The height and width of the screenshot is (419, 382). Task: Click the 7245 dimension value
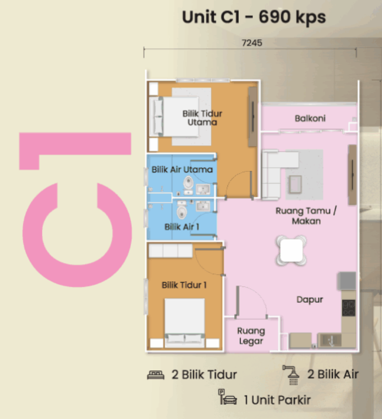pos(252,43)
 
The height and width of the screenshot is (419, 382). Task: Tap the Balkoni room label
pos(310,118)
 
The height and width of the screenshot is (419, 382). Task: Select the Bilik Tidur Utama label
pos(202,118)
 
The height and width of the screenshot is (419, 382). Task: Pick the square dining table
pos(291,251)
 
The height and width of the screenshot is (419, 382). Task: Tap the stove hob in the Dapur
pos(348,308)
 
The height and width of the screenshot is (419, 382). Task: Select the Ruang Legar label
pos(251,336)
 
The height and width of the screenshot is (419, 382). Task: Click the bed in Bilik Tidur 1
pos(184,323)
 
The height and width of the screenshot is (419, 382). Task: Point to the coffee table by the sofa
pos(295,184)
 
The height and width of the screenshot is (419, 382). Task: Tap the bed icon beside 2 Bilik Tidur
pos(156,375)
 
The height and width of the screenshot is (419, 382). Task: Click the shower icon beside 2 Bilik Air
pos(292,375)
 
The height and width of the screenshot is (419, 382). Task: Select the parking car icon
pos(227,397)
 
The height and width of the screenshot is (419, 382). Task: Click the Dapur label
pos(310,300)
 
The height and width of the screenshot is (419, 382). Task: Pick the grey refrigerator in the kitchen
pos(347,281)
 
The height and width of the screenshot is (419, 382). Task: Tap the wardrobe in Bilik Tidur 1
pos(170,251)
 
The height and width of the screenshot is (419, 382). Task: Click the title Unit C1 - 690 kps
pos(254,17)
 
